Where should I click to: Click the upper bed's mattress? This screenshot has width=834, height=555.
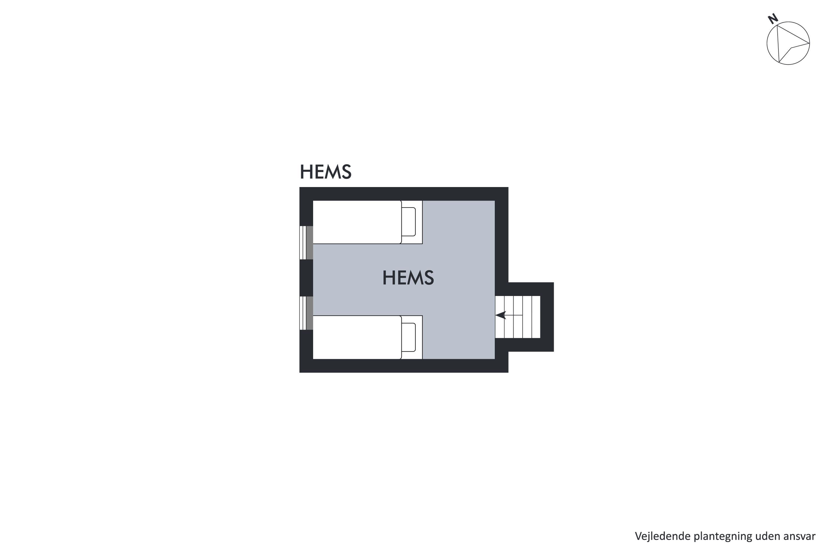point(357,222)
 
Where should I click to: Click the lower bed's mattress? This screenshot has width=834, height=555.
point(357,337)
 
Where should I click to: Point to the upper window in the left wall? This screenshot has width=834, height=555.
point(306,243)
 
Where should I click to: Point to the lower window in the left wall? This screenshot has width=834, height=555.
point(306,313)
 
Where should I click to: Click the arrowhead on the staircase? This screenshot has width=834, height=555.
point(500,315)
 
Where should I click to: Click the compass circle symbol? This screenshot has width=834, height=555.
point(788,43)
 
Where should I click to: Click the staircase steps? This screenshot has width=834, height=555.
point(517,317)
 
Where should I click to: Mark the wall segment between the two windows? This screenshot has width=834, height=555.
point(306,278)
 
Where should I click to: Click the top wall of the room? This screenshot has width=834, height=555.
point(404,194)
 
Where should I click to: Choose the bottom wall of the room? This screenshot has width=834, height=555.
point(404,366)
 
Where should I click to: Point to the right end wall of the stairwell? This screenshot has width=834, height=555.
point(547,317)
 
